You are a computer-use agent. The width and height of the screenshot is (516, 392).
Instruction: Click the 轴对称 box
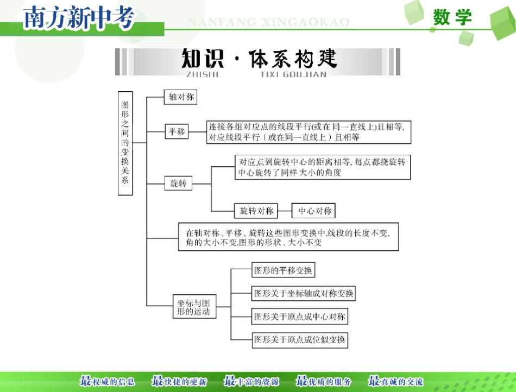click(180, 97)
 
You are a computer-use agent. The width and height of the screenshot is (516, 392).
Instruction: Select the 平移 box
click(177, 131)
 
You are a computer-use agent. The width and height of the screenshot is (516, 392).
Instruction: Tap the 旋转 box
click(178, 184)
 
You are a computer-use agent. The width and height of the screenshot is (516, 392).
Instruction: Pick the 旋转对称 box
click(256, 211)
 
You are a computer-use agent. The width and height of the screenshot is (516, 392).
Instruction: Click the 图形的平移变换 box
click(284, 270)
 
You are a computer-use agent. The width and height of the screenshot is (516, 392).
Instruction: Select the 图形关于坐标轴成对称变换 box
click(304, 294)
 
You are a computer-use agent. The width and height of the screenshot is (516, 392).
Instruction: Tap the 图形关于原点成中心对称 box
click(299, 317)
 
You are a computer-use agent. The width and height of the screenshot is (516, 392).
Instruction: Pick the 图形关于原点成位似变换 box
click(299, 340)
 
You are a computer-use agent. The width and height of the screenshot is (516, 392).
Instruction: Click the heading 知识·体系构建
click(259, 59)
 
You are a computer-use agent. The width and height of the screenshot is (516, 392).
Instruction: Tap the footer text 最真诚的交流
click(395, 382)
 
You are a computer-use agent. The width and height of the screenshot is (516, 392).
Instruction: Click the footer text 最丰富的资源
click(251, 382)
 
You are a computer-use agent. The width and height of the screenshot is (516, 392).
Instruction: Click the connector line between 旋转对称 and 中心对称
click(285, 211)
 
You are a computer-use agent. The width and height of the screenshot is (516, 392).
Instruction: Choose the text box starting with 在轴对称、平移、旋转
click(288, 237)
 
